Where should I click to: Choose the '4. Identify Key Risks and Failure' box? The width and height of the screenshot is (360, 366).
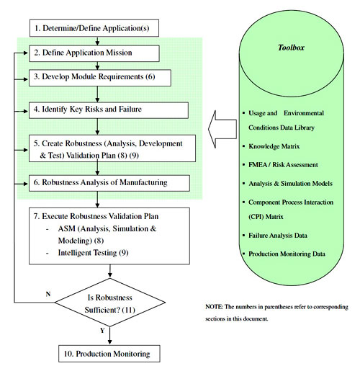(108, 110)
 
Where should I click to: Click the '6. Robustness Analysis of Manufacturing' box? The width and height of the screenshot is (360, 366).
(107, 182)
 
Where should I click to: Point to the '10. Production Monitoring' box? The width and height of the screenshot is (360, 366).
(107, 354)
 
